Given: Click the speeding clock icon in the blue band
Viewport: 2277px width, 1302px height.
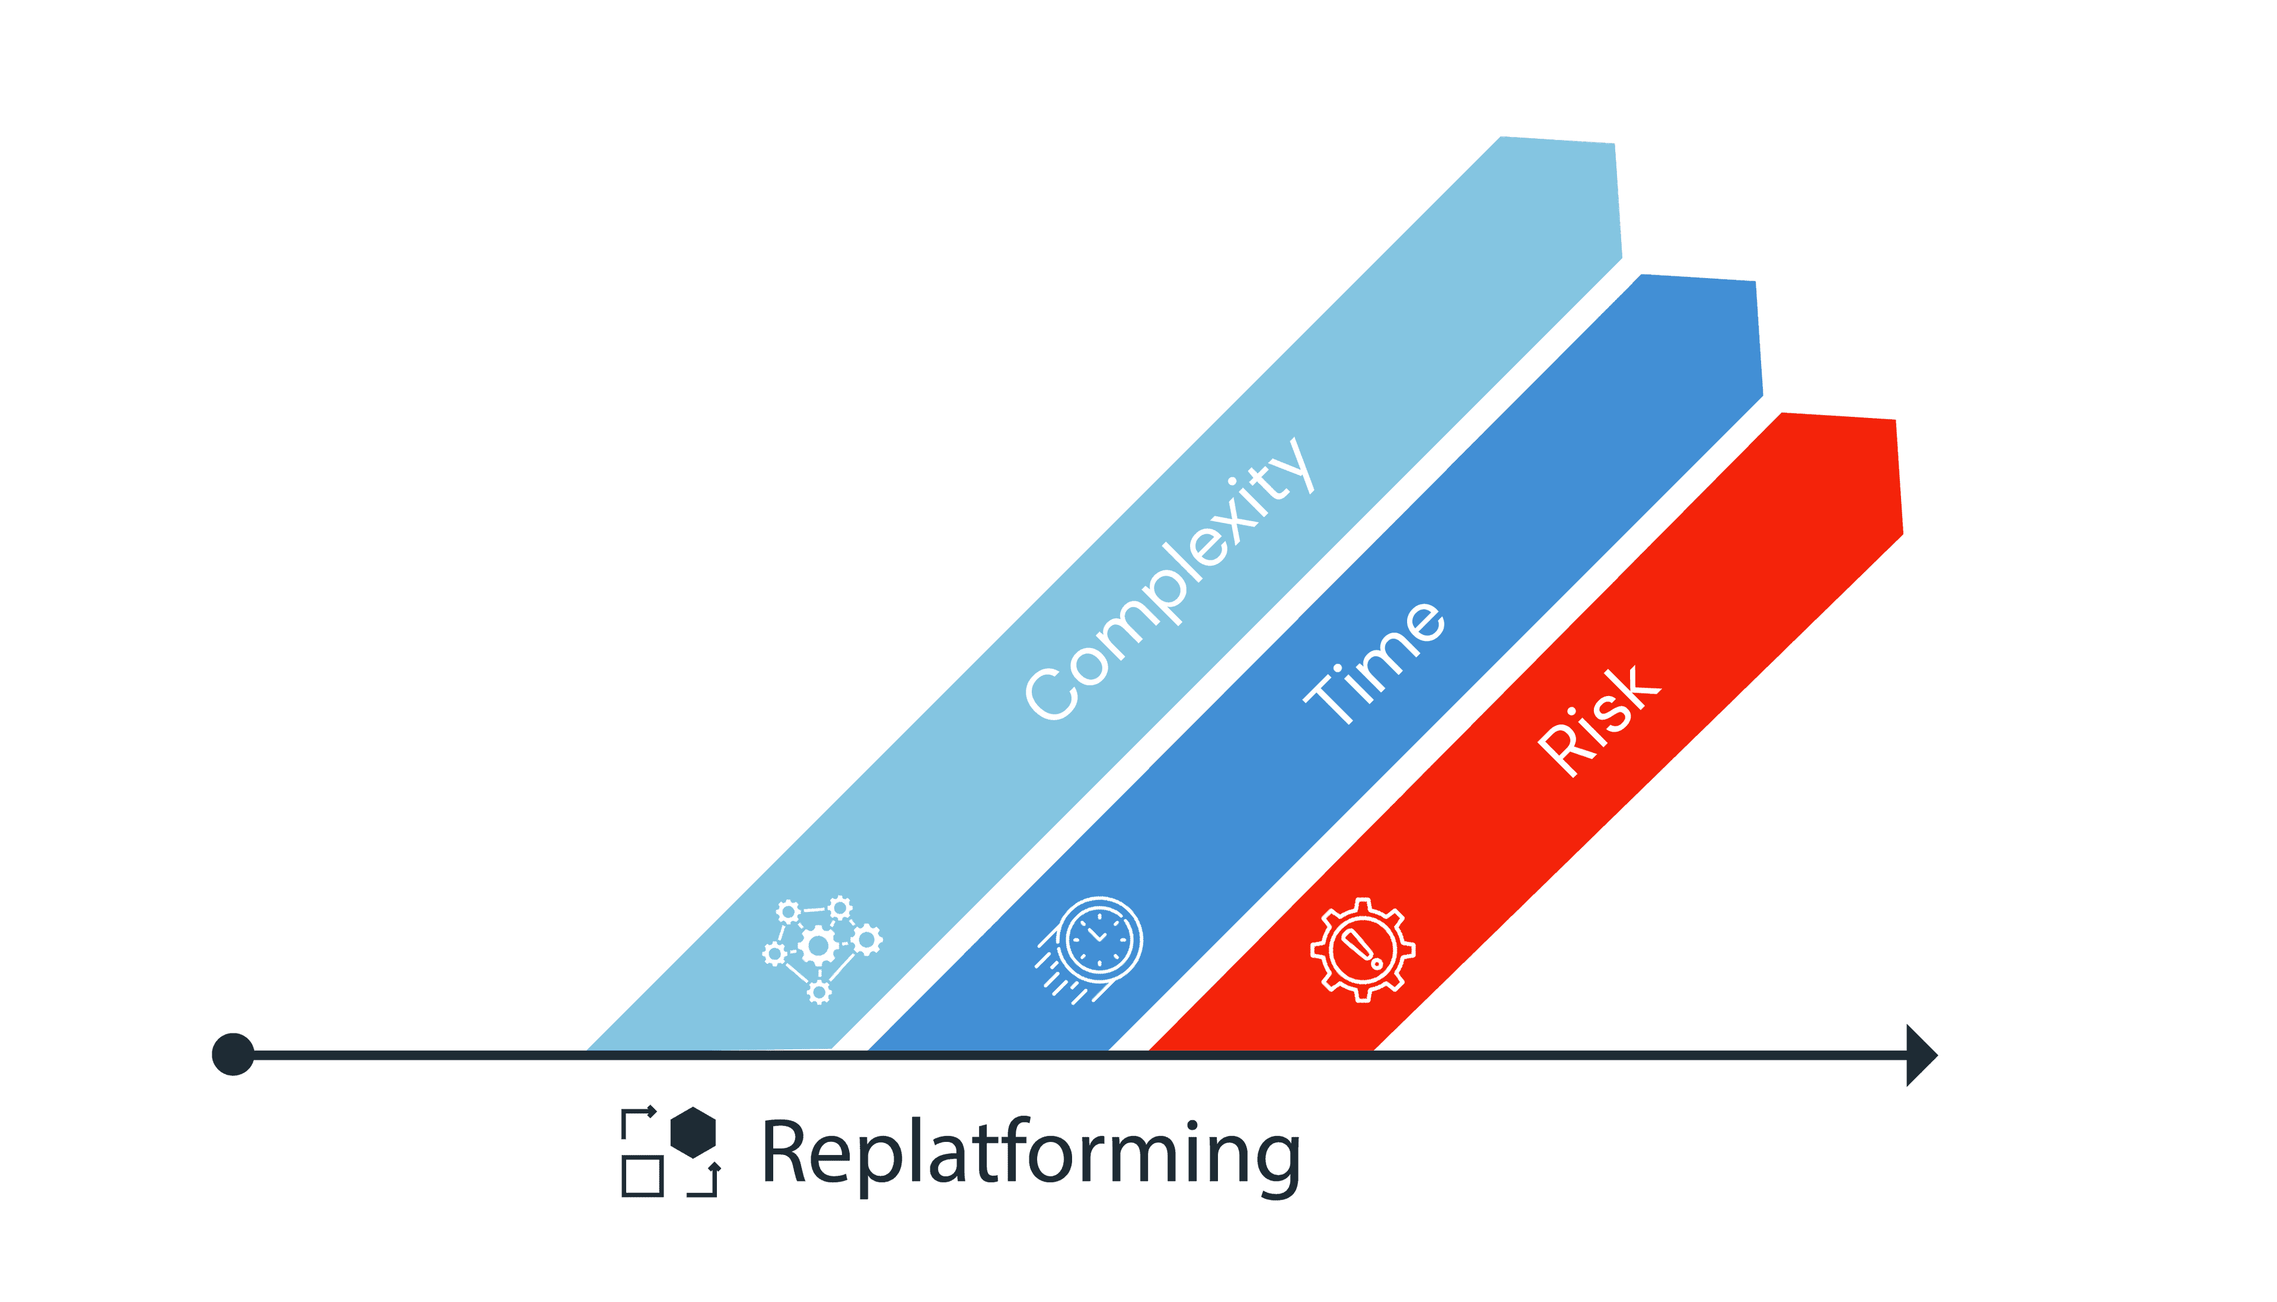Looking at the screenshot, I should [1091, 948].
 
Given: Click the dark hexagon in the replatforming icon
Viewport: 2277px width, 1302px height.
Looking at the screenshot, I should [693, 1132].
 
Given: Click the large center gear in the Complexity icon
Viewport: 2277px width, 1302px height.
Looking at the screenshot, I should [818, 945].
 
